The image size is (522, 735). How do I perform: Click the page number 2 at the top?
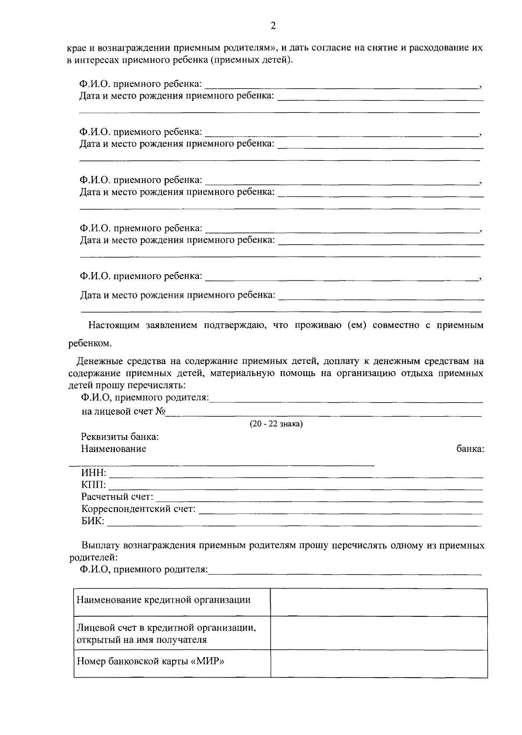click(273, 26)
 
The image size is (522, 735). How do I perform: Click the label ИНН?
click(94, 473)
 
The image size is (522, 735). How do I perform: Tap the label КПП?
click(94, 485)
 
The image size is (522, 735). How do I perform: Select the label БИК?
click(93, 521)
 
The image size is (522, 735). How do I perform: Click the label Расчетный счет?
click(117, 497)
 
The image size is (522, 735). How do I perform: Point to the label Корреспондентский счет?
click(138, 509)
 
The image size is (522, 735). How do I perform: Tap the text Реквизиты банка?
click(120, 436)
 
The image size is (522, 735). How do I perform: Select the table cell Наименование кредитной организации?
click(164, 600)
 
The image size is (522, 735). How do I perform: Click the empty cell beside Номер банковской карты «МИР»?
click(378, 664)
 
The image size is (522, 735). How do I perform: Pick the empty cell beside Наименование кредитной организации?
click(378, 602)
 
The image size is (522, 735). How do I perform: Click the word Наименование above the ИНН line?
click(114, 449)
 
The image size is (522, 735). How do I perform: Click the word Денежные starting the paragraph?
click(97, 361)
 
